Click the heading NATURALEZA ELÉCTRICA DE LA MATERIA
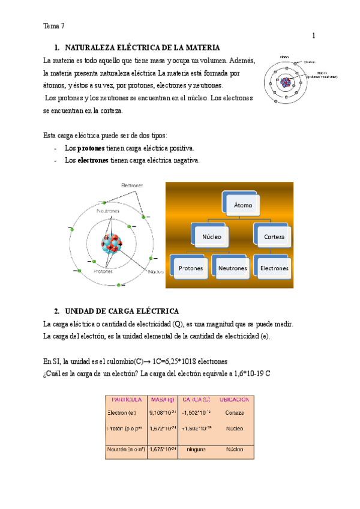click(143, 47)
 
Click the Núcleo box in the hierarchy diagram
click(211, 236)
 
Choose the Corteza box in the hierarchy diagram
click(273, 236)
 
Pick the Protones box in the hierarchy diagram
click(190, 268)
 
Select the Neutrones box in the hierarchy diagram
click(232, 268)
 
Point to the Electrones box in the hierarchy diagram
click(274, 268)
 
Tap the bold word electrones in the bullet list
click(93, 160)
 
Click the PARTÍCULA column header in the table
click(125, 399)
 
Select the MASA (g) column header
click(163, 399)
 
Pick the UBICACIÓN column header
click(234, 399)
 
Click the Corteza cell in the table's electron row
click(234, 413)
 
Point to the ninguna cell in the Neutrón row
click(197, 449)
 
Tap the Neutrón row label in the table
click(125, 449)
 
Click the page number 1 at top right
click(313, 36)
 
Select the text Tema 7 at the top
click(54, 26)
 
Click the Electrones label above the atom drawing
click(132, 185)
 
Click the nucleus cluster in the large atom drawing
click(112, 243)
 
